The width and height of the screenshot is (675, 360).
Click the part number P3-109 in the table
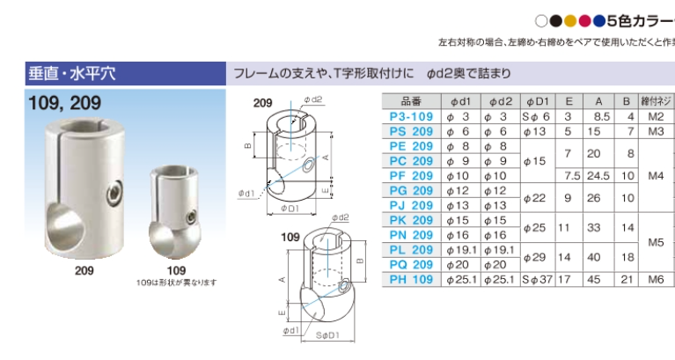(x=411, y=116)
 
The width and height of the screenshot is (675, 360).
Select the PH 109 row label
(x=411, y=279)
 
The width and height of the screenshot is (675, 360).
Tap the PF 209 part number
(x=411, y=175)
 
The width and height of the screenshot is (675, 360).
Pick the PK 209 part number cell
(x=411, y=220)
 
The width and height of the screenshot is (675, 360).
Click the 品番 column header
(x=411, y=101)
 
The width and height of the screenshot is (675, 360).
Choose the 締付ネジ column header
(x=656, y=101)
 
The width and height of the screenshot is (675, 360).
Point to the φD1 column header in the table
(x=537, y=101)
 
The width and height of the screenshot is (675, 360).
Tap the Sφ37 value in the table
(x=536, y=279)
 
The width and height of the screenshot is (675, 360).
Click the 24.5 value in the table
(x=599, y=175)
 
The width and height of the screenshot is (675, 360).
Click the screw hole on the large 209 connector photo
(x=114, y=190)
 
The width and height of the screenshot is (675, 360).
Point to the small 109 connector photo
(x=176, y=211)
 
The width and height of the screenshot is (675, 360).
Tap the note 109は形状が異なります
(x=176, y=282)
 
